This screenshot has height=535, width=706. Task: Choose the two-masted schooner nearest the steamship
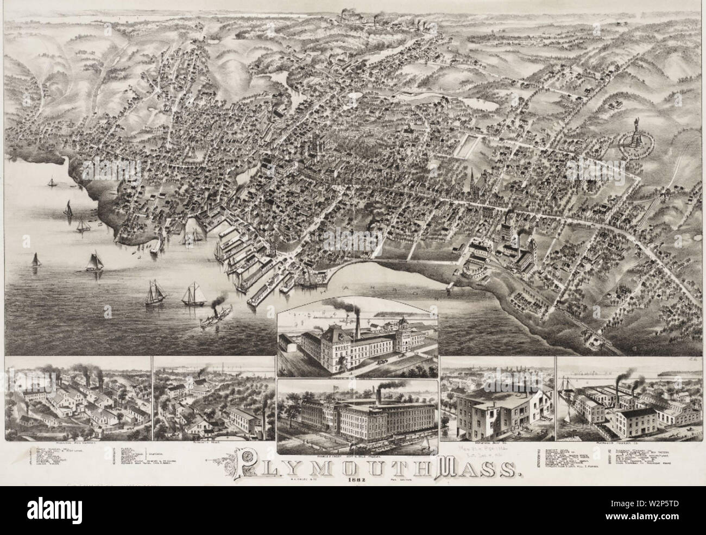click(x=192, y=293)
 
